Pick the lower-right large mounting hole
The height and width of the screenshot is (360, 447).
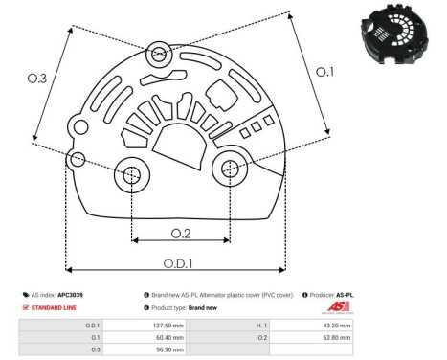[230, 169]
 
